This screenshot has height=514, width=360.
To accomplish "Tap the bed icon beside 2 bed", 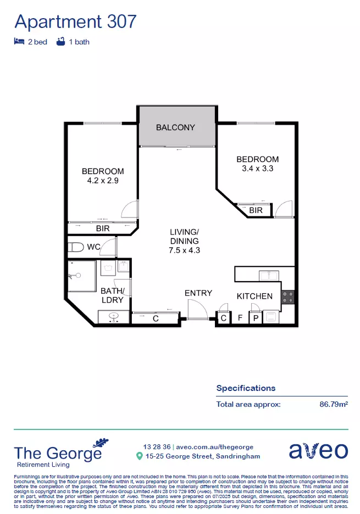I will point(19,42).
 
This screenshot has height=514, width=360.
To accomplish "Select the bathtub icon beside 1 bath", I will point(60,42).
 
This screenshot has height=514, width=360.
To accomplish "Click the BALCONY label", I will point(175,127).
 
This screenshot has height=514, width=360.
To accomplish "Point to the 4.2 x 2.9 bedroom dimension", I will point(103,180).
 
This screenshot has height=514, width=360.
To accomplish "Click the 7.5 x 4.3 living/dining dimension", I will point(184,250).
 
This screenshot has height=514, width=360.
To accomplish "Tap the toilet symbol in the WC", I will point(75,247).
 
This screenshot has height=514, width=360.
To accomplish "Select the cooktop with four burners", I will point(288,297).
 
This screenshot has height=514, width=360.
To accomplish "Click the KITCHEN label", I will point(254,296).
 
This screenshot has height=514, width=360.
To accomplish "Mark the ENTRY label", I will point(198,293).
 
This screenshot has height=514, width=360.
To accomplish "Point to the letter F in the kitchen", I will point(240,317).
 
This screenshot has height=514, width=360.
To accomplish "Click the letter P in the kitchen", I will point(256,317).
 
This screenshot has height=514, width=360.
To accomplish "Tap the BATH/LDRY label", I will point(113,295).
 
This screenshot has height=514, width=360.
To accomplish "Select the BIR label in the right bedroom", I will point(256,210).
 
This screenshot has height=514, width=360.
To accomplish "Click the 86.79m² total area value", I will point(334,404).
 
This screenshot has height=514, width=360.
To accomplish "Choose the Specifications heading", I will point(246,388).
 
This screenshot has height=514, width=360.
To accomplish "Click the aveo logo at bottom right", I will point(318,451).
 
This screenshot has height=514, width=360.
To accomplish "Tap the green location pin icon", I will point(140,456).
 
